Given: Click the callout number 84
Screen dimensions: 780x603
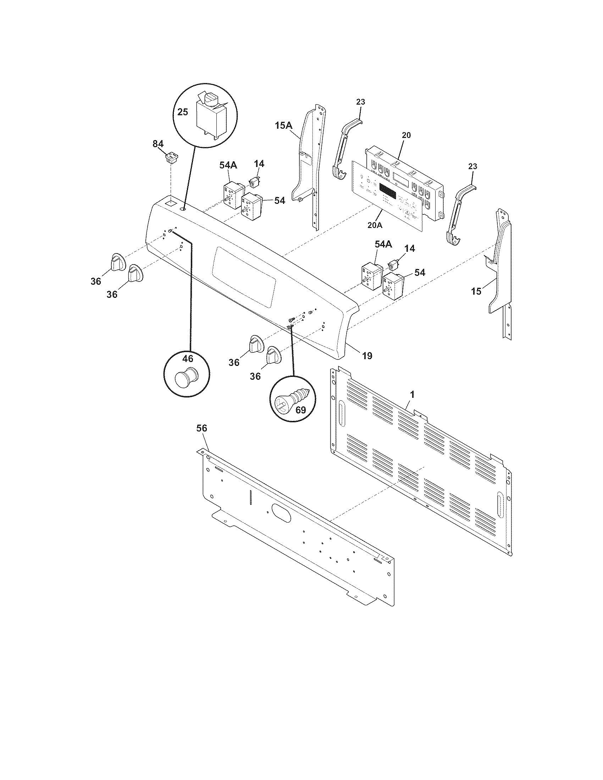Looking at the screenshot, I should [x=158, y=144].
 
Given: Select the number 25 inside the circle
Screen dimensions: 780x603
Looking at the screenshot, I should [x=183, y=112].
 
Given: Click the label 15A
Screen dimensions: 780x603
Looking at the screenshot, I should [x=284, y=126].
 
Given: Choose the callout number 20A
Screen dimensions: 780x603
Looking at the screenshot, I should [x=375, y=225].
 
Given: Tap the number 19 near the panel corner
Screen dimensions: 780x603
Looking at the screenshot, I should [x=367, y=356].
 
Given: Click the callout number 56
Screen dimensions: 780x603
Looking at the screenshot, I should [x=202, y=428].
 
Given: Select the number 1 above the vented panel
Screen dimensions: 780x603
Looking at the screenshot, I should [x=412, y=394].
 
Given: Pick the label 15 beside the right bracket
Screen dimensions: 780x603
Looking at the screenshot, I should [x=476, y=291].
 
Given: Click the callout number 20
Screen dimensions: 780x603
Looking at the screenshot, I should [x=406, y=135].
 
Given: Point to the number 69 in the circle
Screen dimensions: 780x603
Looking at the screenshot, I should [x=300, y=410].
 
